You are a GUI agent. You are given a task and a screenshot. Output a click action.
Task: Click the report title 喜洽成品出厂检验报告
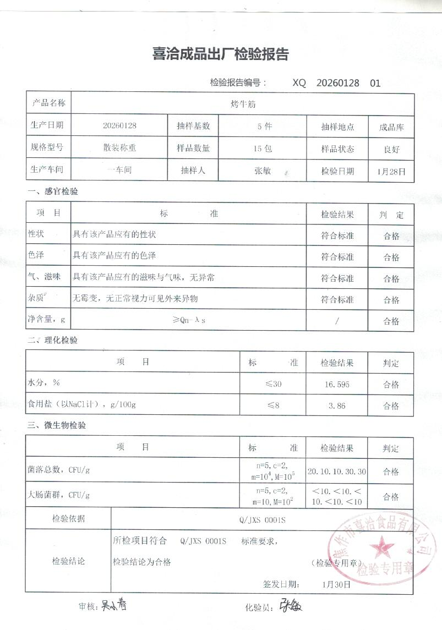point(220,54)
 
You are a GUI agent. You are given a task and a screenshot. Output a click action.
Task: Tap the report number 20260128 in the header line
point(338,83)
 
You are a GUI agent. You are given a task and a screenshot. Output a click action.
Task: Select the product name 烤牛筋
point(242,103)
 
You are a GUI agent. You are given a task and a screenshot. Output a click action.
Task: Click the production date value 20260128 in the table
point(119,125)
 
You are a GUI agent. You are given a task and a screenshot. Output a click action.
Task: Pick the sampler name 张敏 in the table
point(263,171)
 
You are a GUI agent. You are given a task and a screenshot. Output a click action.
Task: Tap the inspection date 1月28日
point(391,172)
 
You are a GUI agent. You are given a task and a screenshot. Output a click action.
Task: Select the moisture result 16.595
point(337,384)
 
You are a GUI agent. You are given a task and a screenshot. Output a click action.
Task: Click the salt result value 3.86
point(337,406)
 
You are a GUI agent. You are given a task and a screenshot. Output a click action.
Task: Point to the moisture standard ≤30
point(273,384)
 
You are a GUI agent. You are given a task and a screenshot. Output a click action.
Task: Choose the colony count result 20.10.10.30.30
point(337,472)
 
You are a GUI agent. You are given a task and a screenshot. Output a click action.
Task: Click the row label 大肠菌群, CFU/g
point(58,495)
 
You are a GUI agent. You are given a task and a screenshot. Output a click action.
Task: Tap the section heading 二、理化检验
point(52,340)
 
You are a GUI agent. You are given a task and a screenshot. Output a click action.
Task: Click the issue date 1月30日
point(337,584)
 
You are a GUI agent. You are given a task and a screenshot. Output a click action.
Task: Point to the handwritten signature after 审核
point(113,606)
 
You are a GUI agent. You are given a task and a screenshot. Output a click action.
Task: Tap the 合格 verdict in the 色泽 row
point(391,257)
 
